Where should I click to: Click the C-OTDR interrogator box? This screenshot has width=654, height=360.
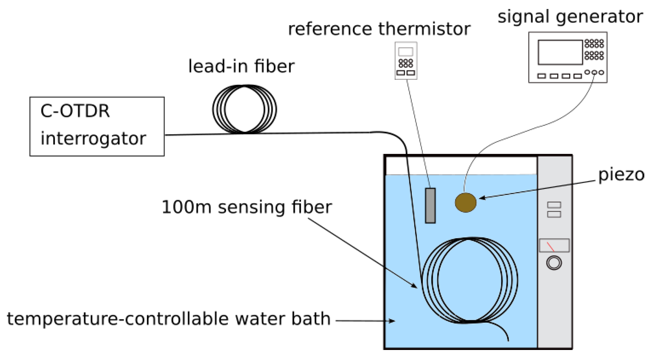pyautogui.click(x=97, y=126)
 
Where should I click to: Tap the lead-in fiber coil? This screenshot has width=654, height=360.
pyautogui.click(x=244, y=109)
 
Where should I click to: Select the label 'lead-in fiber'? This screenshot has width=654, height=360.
pyautogui.click(x=241, y=66)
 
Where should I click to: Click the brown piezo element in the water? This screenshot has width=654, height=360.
pyautogui.click(x=465, y=203)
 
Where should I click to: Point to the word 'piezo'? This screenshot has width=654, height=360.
pyautogui.click(x=621, y=175)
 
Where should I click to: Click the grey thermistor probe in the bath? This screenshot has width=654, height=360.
pyautogui.click(x=430, y=206)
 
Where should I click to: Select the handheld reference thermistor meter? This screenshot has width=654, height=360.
pyautogui.click(x=406, y=61)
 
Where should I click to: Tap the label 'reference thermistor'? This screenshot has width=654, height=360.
pyautogui.click(x=379, y=29)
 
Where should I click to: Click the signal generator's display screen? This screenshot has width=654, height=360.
pyautogui.click(x=560, y=52)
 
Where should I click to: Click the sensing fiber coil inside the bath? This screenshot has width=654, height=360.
pyautogui.click(x=469, y=280)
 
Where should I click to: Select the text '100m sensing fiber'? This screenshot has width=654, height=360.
pyautogui.click(x=246, y=207)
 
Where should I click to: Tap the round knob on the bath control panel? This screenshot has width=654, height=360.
pyautogui.click(x=554, y=263)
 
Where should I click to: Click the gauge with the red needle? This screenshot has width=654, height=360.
pyautogui.click(x=554, y=246)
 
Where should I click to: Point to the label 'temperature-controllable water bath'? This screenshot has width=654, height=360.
pyautogui.click(x=169, y=319)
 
